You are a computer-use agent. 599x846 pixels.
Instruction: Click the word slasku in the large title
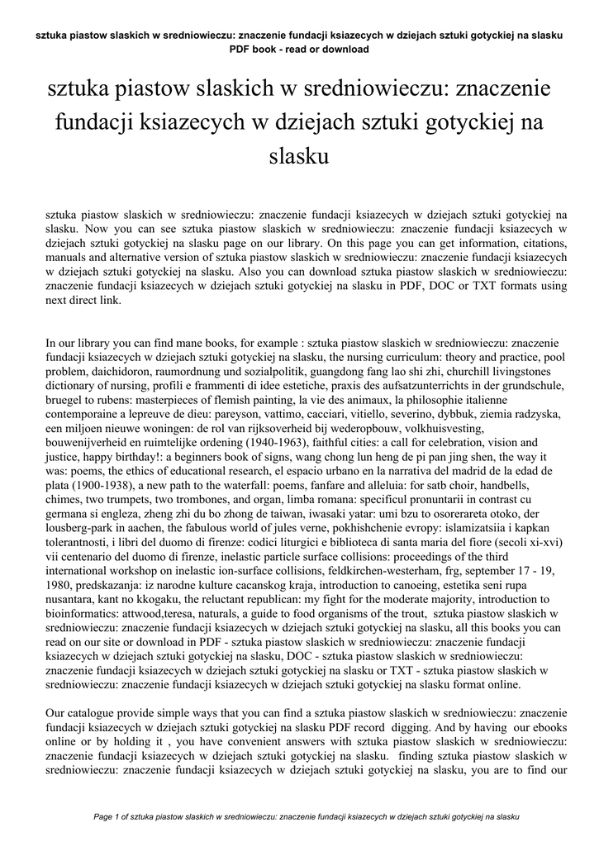(300, 154)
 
